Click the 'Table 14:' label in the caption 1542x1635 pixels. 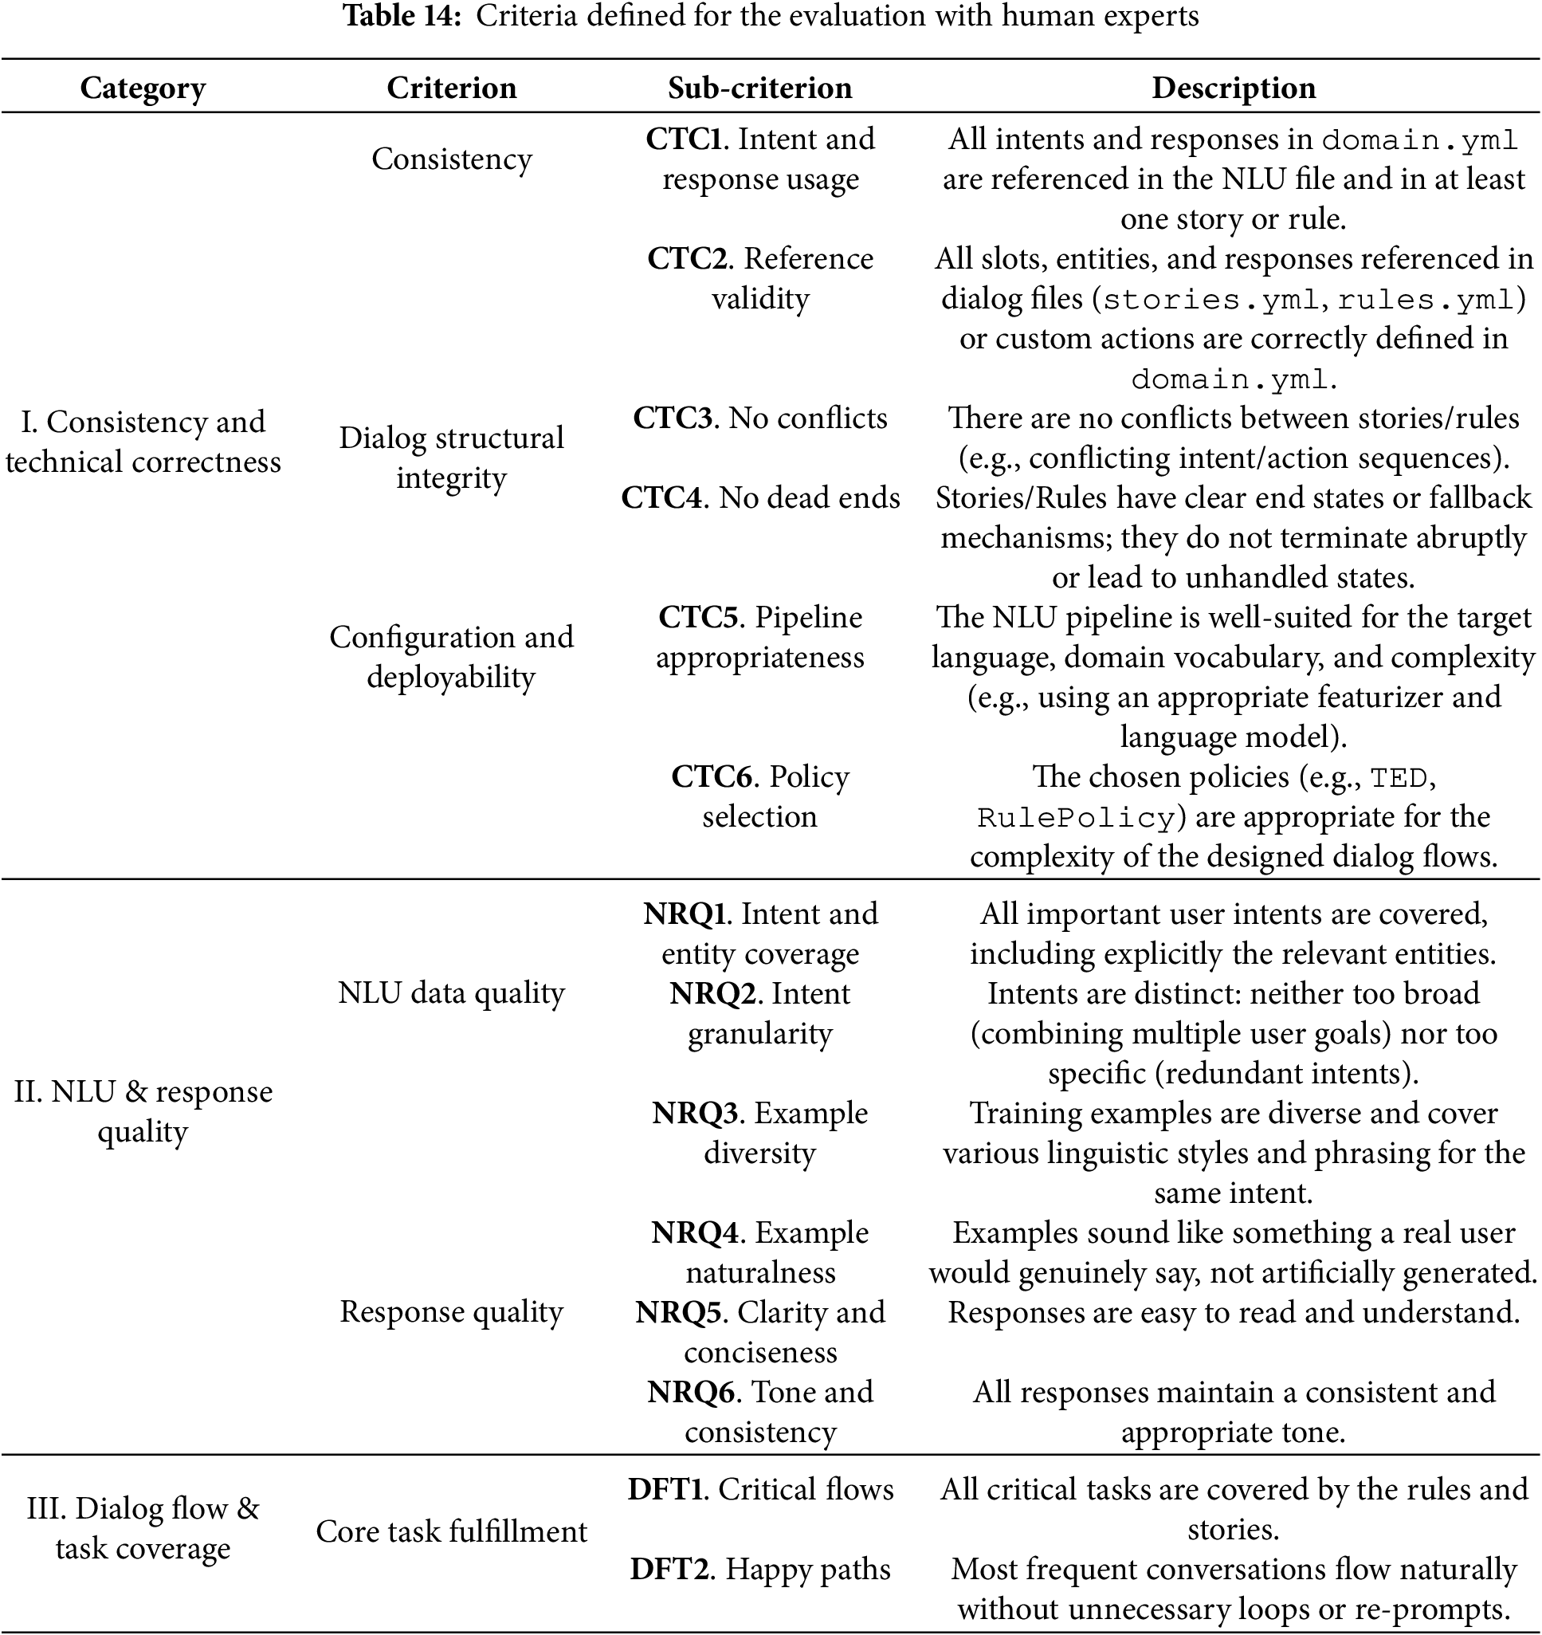click(x=402, y=16)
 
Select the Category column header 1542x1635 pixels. click(x=143, y=88)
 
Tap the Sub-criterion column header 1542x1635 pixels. click(x=759, y=88)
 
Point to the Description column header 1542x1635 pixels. click(x=1233, y=88)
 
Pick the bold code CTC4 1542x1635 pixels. click(x=664, y=497)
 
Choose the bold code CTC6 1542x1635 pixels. click(x=715, y=776)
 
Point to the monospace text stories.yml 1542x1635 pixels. click(x=1210, y=300)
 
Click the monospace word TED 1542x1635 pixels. click(x=1399, y=777)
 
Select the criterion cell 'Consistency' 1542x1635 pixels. click(x=451, y=159)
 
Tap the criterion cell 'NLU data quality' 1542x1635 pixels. click(x=451, y=992)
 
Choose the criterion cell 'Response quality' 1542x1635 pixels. click(x=451, y=1312)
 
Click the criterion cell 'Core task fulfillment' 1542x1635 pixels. click(x=451, y=1531)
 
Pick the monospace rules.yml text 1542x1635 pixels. click(x=1426, y=300)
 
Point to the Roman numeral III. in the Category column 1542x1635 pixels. click(x=47, y=1508)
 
